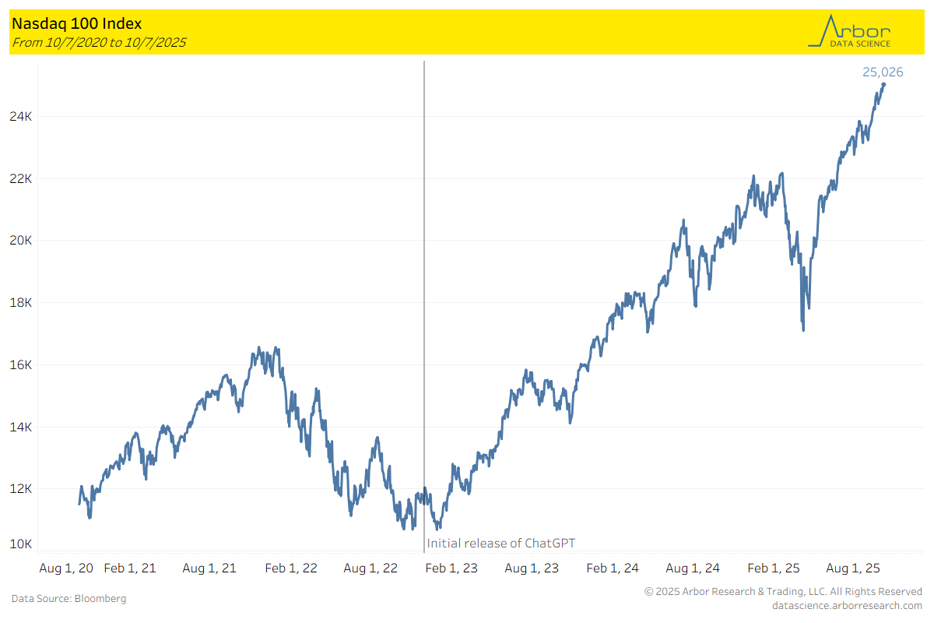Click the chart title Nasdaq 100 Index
pos(76,24)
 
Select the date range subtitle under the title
pos(98,42)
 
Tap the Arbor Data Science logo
pos(850,32)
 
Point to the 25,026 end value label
pos(883,72)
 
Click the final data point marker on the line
pos(883,84)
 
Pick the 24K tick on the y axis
pos(20,116)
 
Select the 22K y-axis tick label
pos(20,178)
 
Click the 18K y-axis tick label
pos(20,302)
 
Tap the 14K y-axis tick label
pos(20,427)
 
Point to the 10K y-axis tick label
pos(20,544)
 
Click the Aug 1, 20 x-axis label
pos(66,568)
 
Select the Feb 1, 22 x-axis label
pos(291,568)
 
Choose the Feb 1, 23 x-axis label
pos(452,568)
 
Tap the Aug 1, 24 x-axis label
pos(693,568)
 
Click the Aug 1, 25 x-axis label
pos(853,568)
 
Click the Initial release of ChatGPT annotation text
pos(500,543)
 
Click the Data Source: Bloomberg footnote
pos(68,598)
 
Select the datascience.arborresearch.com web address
pos(847,605)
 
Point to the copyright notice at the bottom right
pos(783,592)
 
